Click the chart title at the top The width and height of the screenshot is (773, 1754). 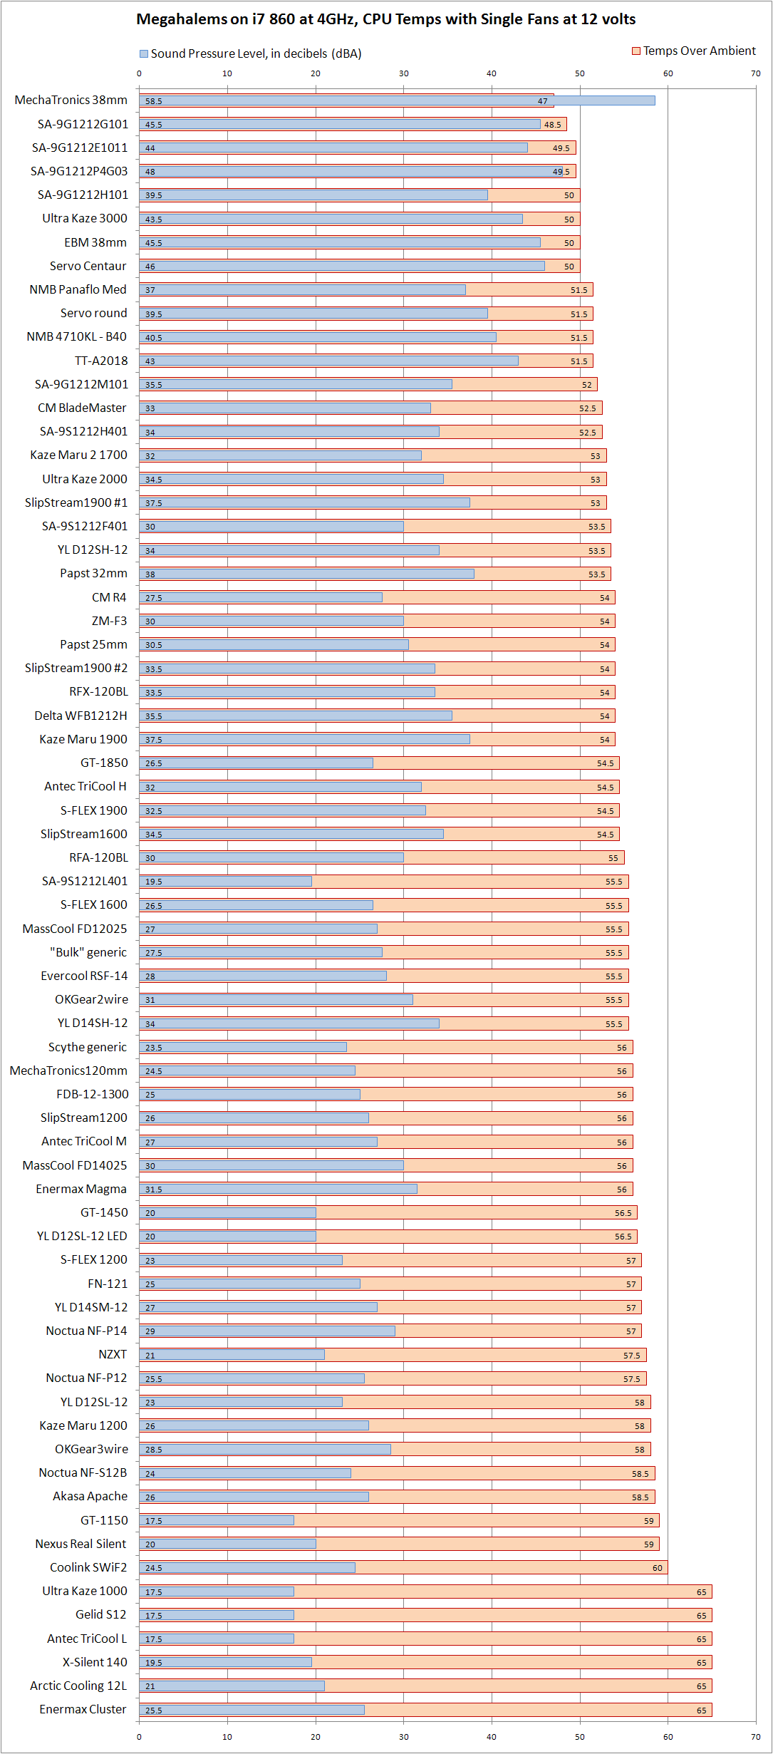pyautogui.click(x=385, y=19)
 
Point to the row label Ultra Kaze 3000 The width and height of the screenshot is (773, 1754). pyautogui.click(x=85, y=218)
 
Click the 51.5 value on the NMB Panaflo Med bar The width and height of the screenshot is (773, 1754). pyautogui.click(x=579, y=290)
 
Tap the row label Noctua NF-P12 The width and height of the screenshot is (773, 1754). pyautogui.click(x=86, y=1378)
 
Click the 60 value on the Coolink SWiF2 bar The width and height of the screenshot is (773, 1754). pyautogui.click(x=657, y=1568)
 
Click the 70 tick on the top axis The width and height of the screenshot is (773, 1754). pyautogui.click(x=756, y=73)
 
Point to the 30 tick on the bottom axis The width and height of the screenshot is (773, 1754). pyautogui.click(x=403, y=1737)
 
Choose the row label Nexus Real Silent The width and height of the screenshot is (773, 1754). pyautogui.click(x=81, y=1544)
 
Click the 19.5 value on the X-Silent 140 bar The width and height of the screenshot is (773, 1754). pyautogui.click(x=154, y=1663)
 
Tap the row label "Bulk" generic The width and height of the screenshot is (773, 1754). pyautogui.click(x=88, y=952)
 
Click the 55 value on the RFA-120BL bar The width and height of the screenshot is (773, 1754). pyautogui.click(x=613, y=858)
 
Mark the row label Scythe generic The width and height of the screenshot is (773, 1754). pyautogui.click(x=88, y=1047)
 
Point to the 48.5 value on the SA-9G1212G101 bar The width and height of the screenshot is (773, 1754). pyautogui.click(x=553, y=125)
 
